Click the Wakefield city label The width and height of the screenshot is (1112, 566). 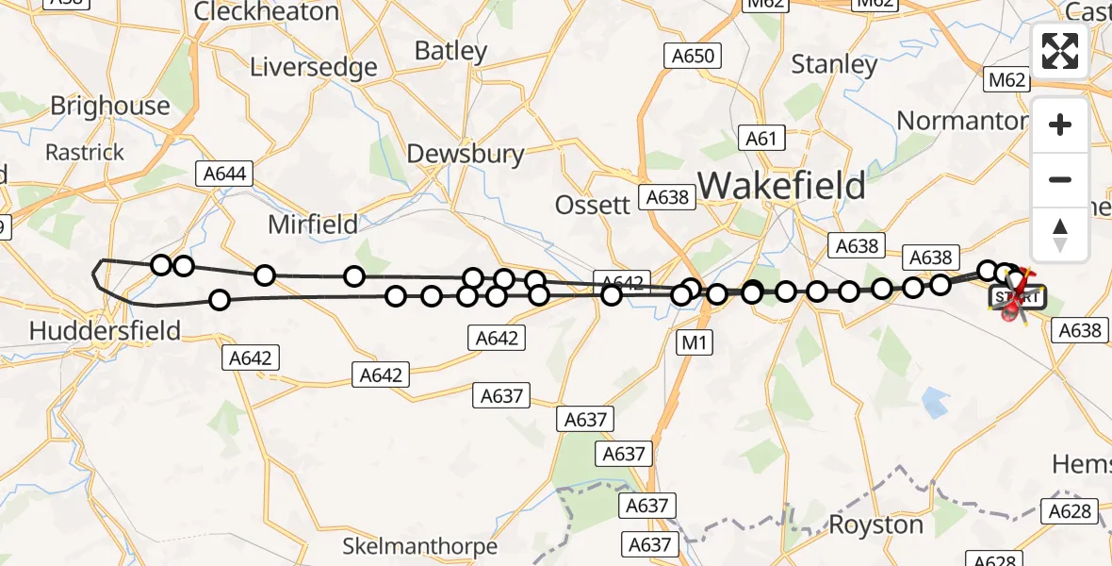point(781,186)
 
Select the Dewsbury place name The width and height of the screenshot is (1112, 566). point(465,154)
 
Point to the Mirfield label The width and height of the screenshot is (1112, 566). point(313,225)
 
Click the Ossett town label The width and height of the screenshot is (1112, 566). point(592,205)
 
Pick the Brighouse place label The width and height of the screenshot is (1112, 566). point(109,106)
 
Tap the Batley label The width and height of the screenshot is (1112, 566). point(450,51)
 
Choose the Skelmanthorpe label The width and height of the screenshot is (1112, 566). point(419,546)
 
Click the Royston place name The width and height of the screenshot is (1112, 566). point(876,524)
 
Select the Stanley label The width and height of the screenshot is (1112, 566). point(834,64)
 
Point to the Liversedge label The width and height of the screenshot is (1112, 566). point(313,68)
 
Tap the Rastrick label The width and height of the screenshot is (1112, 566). point(85,152)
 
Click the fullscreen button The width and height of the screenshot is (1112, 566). point(1060,51)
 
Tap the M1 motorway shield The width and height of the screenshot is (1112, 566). point(694,343)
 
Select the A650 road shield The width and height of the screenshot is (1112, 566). point(694,57)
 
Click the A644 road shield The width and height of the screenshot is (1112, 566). point(223,174)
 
